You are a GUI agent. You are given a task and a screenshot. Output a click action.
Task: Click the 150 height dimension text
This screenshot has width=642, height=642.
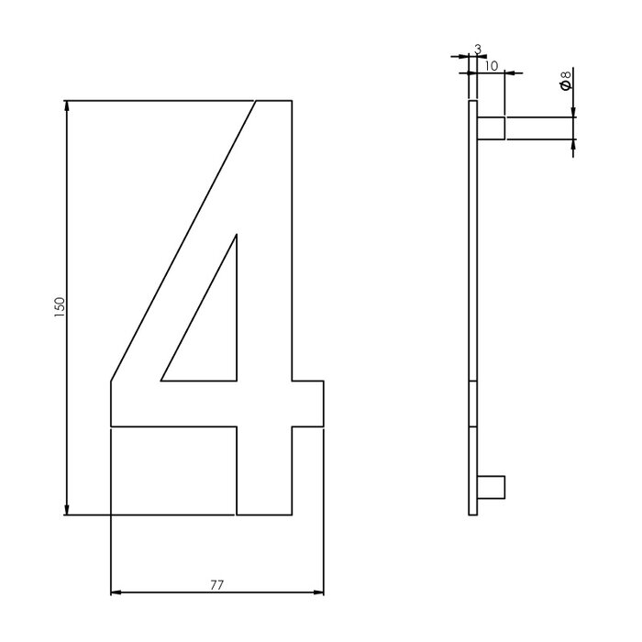tap(59, 306)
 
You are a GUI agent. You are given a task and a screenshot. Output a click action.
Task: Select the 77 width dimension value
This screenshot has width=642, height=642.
tap(216, 583)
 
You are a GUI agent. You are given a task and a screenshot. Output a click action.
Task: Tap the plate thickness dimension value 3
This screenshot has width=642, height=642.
tap(478, 48)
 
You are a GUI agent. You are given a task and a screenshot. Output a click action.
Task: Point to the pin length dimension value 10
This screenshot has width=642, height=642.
tap(491, 66)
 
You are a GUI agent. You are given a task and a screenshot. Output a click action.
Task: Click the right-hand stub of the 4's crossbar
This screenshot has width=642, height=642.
tap(308, 404)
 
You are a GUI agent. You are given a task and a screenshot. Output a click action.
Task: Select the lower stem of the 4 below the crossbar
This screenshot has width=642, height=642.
tap(264, 470)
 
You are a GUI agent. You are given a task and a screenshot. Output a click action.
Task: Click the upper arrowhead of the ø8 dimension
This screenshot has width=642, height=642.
tap(572, 112)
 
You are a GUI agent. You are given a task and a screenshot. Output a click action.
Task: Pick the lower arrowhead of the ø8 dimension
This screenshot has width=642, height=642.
tap(572, 145)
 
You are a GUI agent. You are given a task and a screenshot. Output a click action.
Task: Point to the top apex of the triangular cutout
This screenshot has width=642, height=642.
tap(236, 237)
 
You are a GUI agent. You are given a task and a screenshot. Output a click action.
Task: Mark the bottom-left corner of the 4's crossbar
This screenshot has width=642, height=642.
tap(111, 426)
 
